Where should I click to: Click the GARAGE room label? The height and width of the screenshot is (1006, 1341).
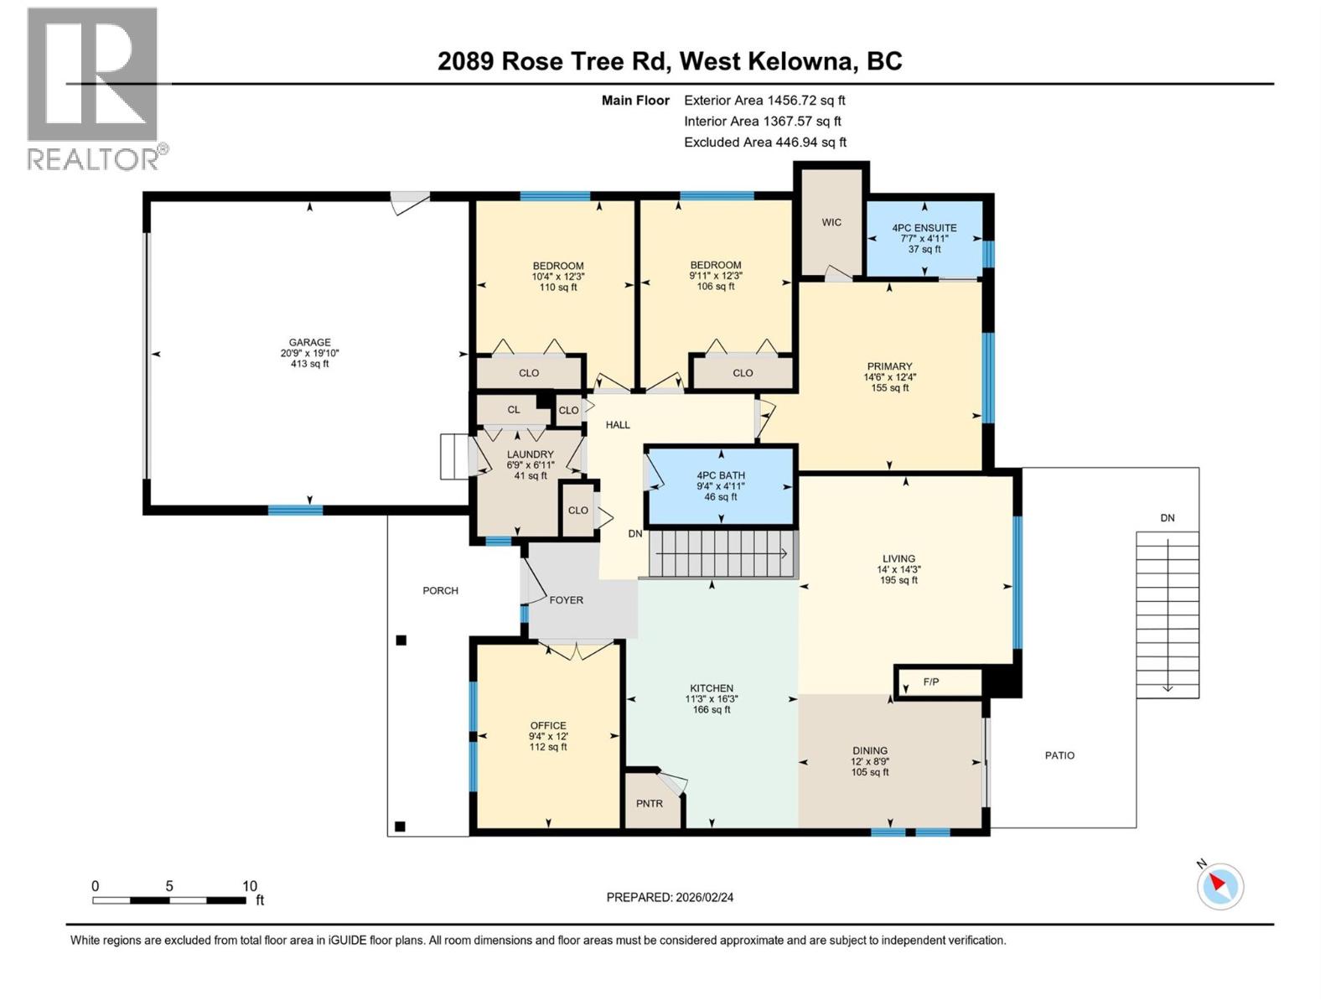pyautogui.click(x=309, y=342)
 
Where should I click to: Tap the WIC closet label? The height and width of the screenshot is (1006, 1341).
pyautogui.click(x=831, y=222)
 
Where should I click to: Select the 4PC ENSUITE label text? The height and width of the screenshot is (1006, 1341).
pyautogui.click(x=924, y=228)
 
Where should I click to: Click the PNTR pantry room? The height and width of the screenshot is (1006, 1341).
pyautogui.click(x=650, y=802)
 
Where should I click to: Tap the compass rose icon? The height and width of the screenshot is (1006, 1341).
pyautogui.click(x=1219, y=886)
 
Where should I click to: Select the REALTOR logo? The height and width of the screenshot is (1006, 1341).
pyautogui.click(x=94, y=88)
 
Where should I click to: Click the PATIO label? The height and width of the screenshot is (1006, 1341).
pyautogui.click(x=1059, y=755)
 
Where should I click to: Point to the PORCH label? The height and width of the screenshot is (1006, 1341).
pyautogui.click(x=440, y=590)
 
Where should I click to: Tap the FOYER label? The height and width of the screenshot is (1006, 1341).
pyautogui.click(x=566, y=600)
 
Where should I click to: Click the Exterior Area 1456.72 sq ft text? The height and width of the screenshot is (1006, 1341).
pyautogui.click(x=764, y=100)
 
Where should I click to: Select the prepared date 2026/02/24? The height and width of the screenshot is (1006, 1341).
pyautogui.click(x=670, y=897)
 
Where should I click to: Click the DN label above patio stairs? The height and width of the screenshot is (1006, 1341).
pyautogui.click(x=1167, y=518)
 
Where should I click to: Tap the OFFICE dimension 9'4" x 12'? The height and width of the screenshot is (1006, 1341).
pyautogui.click(x=548, y=736)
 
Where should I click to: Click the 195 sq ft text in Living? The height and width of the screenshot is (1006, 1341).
pyautogui.click(x=898, y=580)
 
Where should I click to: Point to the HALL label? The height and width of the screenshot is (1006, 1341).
pyautogui.click(x=618, y=425)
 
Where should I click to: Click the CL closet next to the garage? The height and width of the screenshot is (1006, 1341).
pyautogui.click(x=513, y=410)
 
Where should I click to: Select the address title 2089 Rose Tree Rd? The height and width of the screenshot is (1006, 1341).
pyautogui.click(x=553, y=61)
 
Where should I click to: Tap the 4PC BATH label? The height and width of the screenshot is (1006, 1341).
pyautogui.click(x=720, y=475)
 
